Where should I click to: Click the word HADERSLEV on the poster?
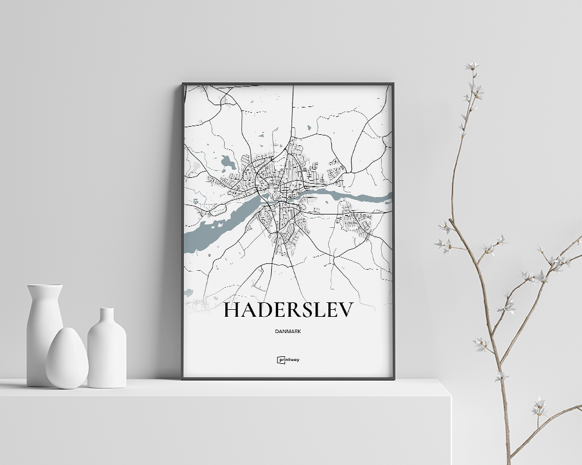point(288,311)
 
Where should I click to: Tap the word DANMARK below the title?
point(288,331)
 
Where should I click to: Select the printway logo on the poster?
point(288,360)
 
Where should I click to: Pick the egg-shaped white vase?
point(67,359)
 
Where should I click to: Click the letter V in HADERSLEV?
point(345,311)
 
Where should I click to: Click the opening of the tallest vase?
point(45,286)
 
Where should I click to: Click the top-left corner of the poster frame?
point(183,84)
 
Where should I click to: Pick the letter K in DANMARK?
point(307,331)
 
